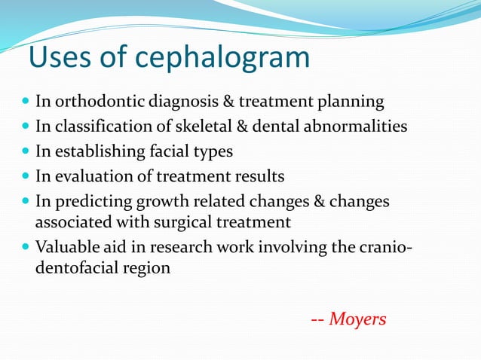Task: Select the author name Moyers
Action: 358,319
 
